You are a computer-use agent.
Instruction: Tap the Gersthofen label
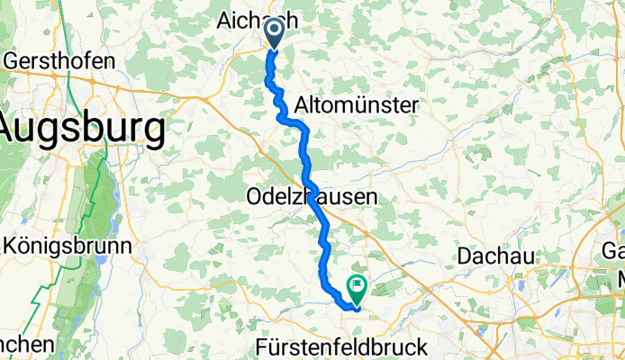click(60, 61)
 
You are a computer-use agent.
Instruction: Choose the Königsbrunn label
click(67, 244)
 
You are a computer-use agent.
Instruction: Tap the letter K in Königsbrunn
click(11, 244)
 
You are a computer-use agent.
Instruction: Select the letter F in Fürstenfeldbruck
click(262, 346)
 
